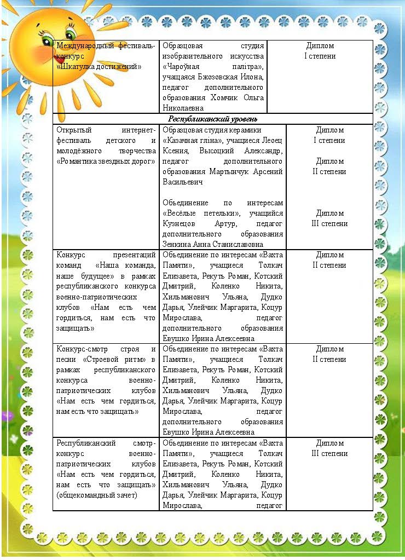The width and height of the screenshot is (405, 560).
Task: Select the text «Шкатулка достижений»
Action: coord(99,66)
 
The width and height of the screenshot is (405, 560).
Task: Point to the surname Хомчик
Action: coord(225,97)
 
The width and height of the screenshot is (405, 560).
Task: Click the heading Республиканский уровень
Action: coord(213,118)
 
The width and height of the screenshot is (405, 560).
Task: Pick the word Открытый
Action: coord(74,130)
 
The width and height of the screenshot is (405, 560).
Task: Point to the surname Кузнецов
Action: coord(178,223)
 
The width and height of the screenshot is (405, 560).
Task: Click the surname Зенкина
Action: coord(178,244)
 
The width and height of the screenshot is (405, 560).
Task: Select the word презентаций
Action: coord(134,255)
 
